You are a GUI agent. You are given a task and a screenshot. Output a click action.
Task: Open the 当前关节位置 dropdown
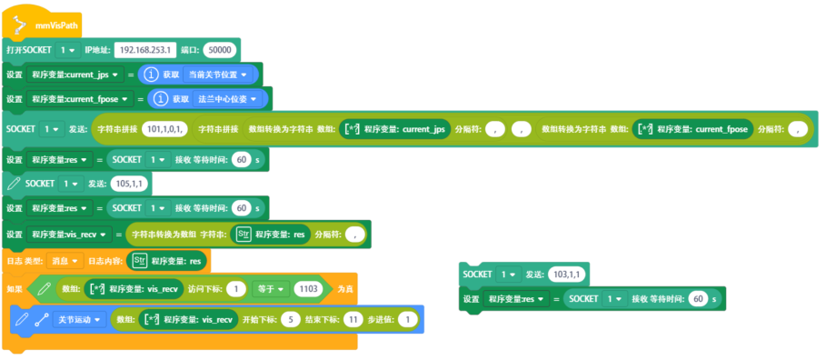(221, 74)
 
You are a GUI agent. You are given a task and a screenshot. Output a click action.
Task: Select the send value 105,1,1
(123, 184)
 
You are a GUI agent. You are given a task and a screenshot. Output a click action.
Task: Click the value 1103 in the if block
(308, 289)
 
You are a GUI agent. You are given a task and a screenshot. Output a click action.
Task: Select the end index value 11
(353, 320)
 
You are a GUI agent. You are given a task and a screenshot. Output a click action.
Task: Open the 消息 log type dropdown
(66, 262)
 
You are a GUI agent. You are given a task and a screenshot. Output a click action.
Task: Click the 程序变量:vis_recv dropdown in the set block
(72, 235)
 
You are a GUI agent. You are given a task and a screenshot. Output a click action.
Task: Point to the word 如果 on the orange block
(14, 289)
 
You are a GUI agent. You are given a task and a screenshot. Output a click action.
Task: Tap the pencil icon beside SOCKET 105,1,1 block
(13, 184)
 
